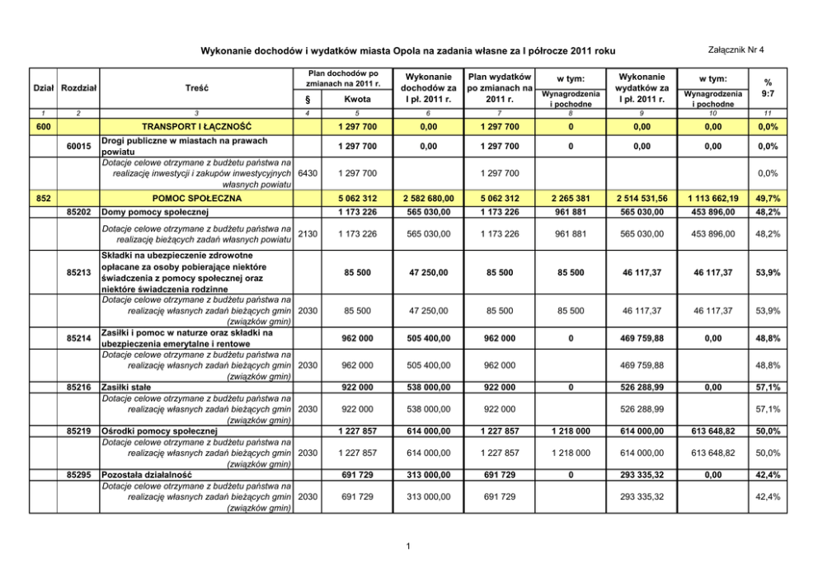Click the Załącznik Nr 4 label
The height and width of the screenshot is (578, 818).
point(731,51)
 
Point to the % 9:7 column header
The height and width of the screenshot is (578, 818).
point(768,87)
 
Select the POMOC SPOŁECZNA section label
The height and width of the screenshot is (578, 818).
point(196,199)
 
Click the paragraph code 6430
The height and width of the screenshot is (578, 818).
point(307,173)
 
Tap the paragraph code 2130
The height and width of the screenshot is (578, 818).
point(307,233)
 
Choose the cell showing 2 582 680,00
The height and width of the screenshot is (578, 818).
point(428,199)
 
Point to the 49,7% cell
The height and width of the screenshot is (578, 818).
point(768,199)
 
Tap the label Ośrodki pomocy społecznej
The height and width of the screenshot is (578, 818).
point(158,430)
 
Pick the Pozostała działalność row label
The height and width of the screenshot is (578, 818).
point(146,475)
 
